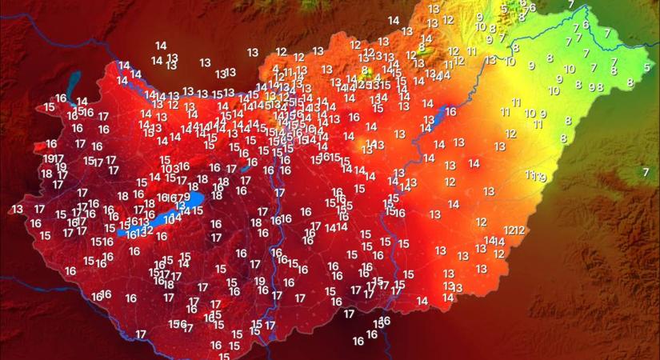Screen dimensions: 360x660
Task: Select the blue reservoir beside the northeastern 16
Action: [435, 118]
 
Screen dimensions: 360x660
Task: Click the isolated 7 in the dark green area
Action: [646, 172]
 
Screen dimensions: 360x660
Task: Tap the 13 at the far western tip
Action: [18, 209]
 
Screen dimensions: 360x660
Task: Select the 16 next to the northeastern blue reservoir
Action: [450, 112]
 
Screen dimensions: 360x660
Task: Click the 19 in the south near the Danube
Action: [260, 281]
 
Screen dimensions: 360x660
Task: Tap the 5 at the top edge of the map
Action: [504, 9]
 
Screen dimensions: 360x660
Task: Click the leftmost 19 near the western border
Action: [49, 158]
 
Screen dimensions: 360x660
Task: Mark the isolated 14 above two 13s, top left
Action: [161, 46]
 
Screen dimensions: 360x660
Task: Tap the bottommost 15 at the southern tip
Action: [224, 356]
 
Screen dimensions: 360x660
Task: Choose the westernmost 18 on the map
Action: [46, 173]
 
